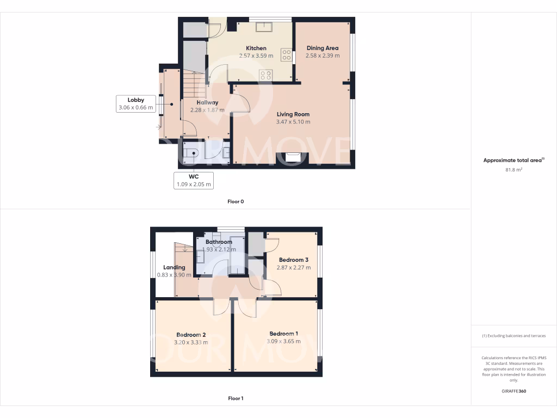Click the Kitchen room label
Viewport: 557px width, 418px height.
[256, 48]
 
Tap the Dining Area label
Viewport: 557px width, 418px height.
[322, 48]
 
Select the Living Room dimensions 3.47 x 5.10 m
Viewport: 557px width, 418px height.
[293, 122]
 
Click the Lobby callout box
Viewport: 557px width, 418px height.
[136, 104]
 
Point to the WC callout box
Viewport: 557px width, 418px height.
[194, 181]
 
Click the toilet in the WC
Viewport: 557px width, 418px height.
[190, 153]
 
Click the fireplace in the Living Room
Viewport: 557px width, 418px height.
[293, 158]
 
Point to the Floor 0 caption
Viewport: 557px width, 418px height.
[236, 202]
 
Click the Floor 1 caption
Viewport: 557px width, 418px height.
[236, 398]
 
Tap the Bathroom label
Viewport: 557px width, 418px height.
[219, 242]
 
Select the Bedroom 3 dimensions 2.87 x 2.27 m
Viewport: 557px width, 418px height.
[294, 268]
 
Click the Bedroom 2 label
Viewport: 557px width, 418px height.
[191, 335]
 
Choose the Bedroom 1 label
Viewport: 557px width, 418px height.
[283, 334]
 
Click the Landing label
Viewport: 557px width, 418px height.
[174, 267]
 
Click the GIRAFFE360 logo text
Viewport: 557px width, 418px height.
[513, 391]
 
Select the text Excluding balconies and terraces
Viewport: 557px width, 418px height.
[513, 336]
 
